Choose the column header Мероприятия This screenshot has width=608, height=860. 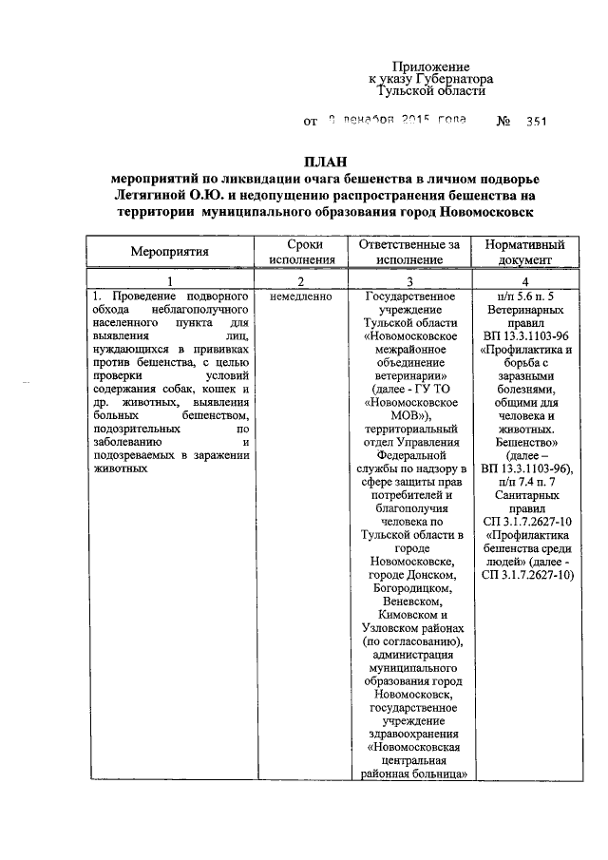point(169,251)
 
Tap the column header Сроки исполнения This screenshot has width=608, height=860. point(301,251)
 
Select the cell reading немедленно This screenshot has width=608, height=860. point(301,297)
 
